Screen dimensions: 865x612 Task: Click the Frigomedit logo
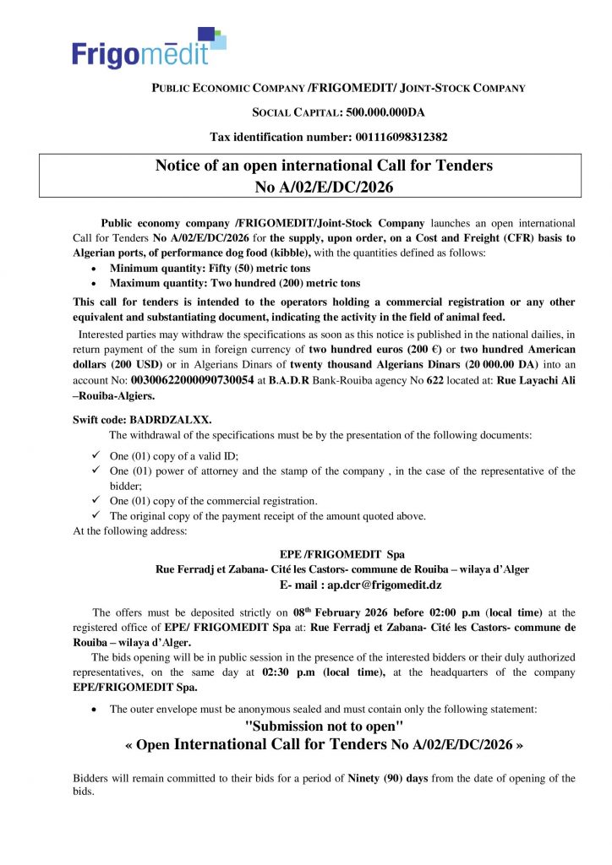[x=148, y=46]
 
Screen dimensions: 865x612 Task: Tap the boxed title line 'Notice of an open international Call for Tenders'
[x=324, y=165]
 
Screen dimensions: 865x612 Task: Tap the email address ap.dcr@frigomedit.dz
[x=385, y=584]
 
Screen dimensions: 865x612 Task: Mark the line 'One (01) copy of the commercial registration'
[x=214, y=501]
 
